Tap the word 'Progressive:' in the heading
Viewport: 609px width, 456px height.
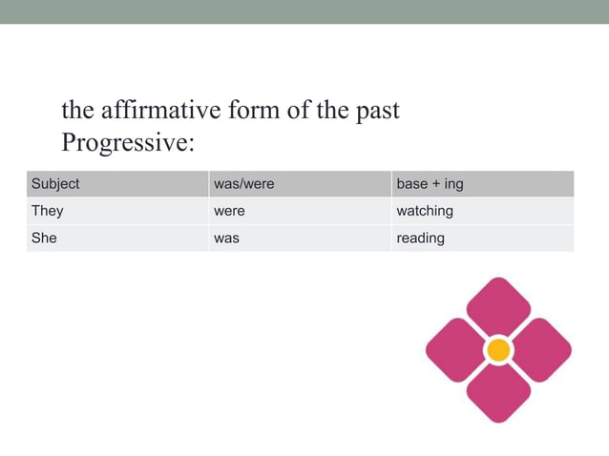point(128,143)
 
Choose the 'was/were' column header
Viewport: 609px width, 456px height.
point(243,183)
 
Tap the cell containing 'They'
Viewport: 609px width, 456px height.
point(47,211)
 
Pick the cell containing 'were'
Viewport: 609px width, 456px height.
point(229,211)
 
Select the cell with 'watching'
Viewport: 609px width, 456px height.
point(425,211)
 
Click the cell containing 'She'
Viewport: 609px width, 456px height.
point(44,238)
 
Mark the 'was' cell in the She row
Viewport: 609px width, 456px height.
point(226,238)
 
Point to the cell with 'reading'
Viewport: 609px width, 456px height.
point(421,238)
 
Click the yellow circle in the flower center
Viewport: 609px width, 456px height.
point(498,350)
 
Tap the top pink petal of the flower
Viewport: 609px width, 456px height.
point(498,307)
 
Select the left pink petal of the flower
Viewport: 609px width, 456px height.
point(455,350)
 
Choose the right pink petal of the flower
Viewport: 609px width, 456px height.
point(540,350)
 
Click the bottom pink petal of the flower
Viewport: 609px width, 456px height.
point(498,393)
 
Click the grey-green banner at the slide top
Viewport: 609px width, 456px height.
point(304,11)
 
